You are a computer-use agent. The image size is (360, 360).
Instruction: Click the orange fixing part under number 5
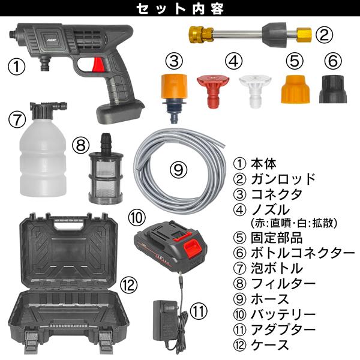pos(293,89)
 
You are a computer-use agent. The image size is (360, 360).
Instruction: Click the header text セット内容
pos(179,9)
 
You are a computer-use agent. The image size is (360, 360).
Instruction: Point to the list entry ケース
pos(271,344)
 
